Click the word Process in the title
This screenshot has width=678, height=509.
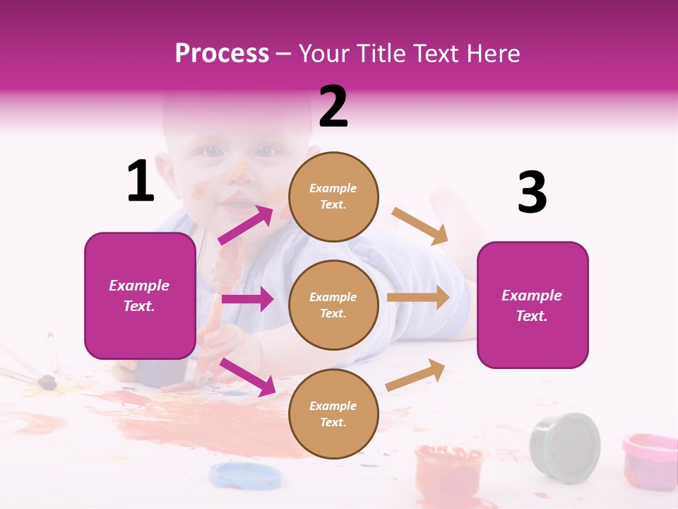222,54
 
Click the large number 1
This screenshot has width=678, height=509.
141,182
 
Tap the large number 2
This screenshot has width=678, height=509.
333,106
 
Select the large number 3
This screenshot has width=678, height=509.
532,193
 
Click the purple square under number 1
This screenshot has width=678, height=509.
140,296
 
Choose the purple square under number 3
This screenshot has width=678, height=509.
533,305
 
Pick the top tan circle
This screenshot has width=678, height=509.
333,197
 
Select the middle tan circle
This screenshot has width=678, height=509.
333,305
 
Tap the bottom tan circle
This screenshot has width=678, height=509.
333,414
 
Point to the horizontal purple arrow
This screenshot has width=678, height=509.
247,299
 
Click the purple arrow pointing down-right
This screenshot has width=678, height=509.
247,377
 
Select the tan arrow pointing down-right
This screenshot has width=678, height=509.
420,226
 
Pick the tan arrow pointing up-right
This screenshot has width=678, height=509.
416,375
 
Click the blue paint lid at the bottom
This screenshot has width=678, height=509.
244,474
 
